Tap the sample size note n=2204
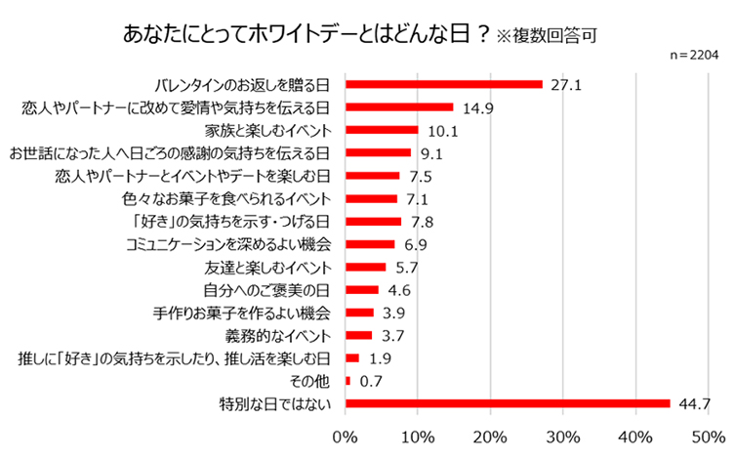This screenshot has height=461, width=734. [691, 58]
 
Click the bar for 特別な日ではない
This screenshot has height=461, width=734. [508, 403]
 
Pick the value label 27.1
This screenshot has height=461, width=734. [566, 85]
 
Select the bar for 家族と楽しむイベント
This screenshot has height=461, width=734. [382, 130]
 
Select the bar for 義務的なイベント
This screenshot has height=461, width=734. [358, 335]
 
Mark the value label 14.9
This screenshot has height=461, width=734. [477, 107]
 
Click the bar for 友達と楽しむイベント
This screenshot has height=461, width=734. [366, 267]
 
